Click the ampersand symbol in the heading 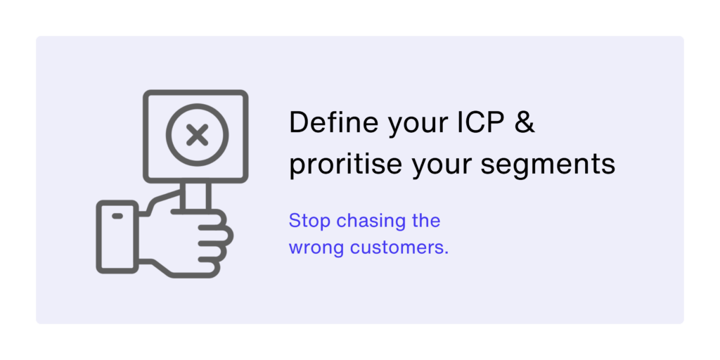coord(525,122)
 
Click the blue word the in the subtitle coord(426,221)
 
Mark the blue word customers coord(397,248)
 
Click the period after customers coord(446,253)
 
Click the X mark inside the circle coord(198,135)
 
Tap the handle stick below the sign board coord(195,196)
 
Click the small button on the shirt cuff coord(117,216)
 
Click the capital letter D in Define coord(299,122)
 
